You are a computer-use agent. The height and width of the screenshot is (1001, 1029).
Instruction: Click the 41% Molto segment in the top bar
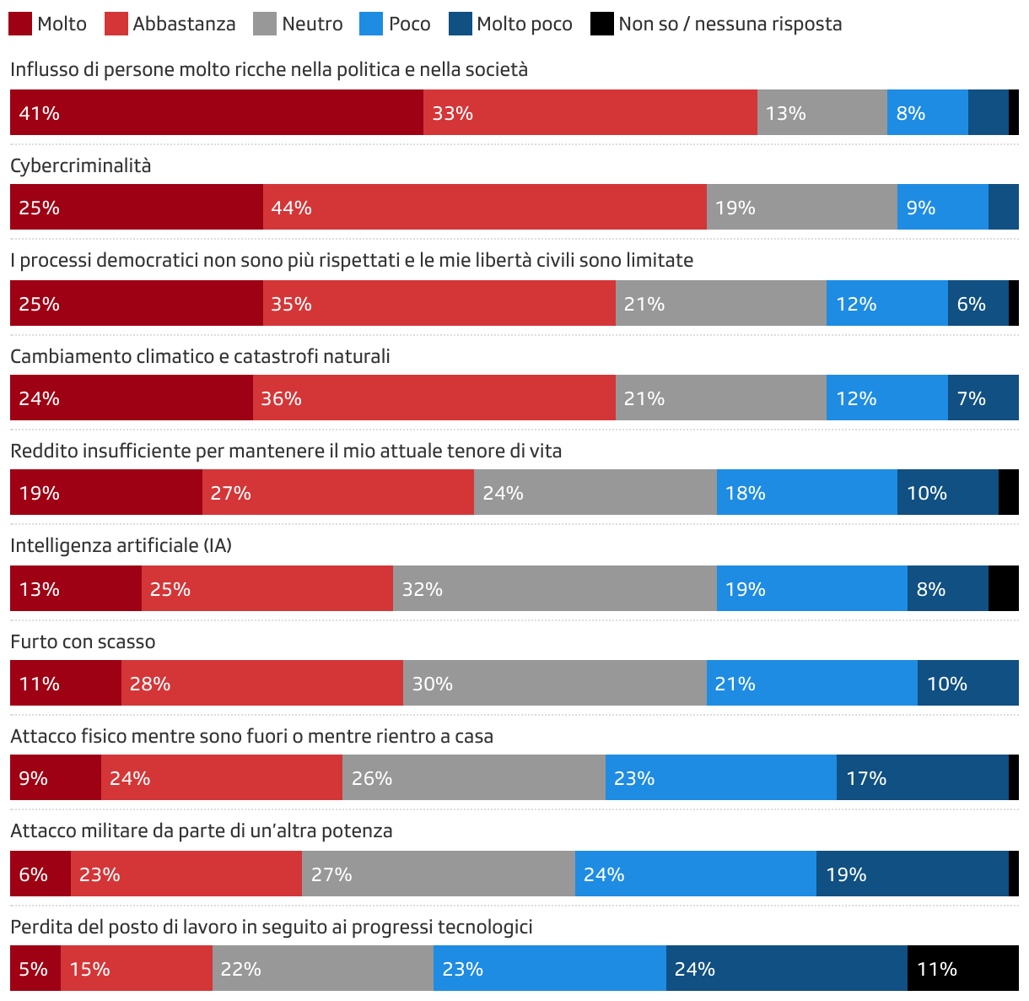216,112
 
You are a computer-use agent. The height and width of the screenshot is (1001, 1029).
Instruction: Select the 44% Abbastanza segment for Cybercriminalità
484,208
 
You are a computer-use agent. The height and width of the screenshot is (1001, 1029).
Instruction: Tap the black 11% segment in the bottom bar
962,968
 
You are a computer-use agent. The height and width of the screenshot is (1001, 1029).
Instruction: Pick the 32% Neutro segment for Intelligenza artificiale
554,588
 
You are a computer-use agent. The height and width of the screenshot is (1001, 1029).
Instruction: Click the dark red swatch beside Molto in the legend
20,24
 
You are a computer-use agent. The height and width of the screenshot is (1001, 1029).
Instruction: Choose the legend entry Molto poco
524,24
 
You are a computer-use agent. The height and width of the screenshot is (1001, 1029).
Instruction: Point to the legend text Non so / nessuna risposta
730,24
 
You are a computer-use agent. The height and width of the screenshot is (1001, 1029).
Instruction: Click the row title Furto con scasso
83,641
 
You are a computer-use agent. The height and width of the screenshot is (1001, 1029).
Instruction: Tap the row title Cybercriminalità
81,165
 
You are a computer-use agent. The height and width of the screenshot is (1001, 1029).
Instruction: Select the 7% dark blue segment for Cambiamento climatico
983,398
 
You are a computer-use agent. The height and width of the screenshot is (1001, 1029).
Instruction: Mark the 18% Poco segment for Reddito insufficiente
806,493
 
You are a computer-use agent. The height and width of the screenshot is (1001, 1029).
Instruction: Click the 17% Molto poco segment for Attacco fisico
922,777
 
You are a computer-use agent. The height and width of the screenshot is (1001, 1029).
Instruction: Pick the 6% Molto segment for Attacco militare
40,874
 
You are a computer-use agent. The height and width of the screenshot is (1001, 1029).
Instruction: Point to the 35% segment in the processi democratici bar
439,304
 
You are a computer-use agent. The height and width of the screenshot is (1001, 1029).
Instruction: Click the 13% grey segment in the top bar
822,112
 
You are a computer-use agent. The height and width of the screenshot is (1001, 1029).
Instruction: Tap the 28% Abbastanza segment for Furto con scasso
261,683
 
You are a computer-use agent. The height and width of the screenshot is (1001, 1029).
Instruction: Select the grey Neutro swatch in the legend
265,24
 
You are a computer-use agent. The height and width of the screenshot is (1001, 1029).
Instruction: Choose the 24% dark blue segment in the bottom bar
786,968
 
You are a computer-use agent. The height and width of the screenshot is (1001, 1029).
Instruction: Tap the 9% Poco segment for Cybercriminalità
942,208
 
